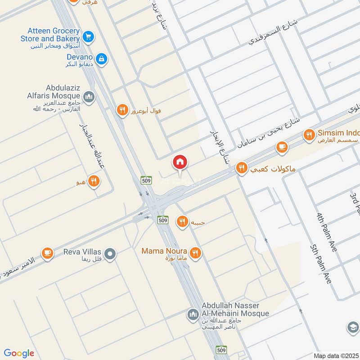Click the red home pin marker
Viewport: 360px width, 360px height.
pyautogui.click(x=180, y=162)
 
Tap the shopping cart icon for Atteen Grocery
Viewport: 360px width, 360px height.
pyautogui.click(x=89, y=36)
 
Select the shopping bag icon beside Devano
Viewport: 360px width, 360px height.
pyautogui.click(x=102, y=58)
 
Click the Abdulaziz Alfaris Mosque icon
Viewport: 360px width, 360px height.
pyautogui.click(x=89, y=97)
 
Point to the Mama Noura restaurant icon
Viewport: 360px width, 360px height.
pyautogui.click(x=195, y=253)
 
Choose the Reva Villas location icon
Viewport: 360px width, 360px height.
pyautogui.click(x=111, y=254)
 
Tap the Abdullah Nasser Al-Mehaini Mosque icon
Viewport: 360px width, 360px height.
pyautogui.click(x=193, y=314)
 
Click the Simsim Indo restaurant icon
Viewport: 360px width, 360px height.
pyautogui.click(x=309, y=134)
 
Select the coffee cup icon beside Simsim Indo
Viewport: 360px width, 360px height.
pyautogui.click(x=282, y=147)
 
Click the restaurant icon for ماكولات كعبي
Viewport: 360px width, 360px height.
pyautogui.click(x=242, y=168)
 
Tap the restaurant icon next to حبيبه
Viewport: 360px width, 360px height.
pyautogui.click(x=182, y=221)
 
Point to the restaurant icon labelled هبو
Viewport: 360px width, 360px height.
pyautogui.click(x=94, y=181)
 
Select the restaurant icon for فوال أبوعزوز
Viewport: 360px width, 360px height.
pyautogui.click(x=122, y=110)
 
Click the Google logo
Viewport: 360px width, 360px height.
pyautogui.click(x=19, y=353)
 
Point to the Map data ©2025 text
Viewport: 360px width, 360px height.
pyautogui.click(x=335, y=355)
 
